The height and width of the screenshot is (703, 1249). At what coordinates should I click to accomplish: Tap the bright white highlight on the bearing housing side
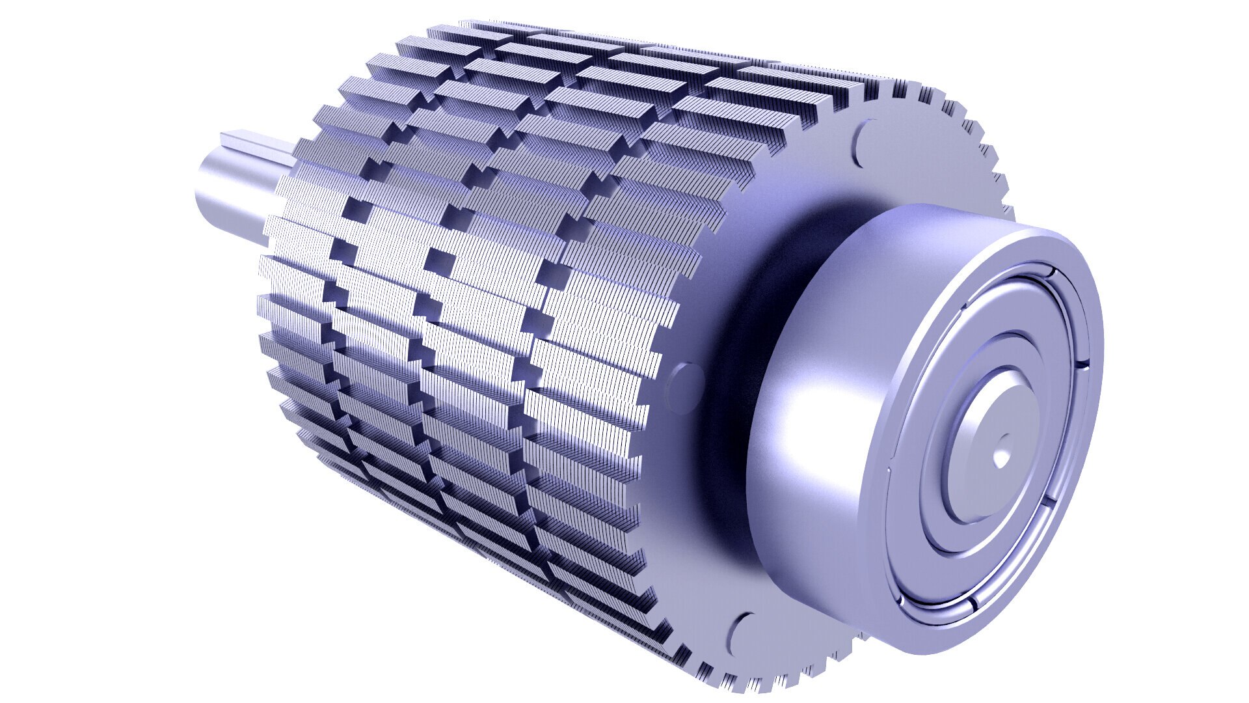(x=807, y=410)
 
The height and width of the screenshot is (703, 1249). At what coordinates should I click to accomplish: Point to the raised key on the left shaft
(x=260, y=143)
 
